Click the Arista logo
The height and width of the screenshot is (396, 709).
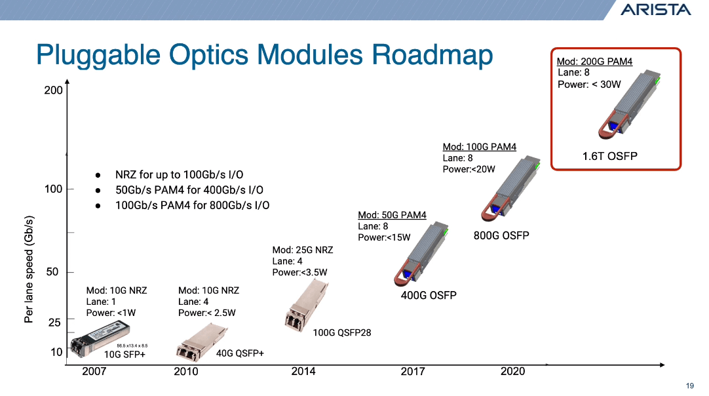coord(655,9)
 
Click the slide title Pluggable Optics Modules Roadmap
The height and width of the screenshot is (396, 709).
coord(264,55)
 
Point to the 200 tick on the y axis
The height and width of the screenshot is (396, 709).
coord(54,90)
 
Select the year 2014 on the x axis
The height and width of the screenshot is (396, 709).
coord(303,372)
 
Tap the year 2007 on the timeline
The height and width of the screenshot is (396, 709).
coord(94,372)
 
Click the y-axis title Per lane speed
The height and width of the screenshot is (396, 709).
coord(29,269)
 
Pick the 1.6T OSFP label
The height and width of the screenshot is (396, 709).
coord(609,156)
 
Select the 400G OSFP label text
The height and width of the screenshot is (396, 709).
coord(429,296)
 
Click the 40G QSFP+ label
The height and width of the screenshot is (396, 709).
coord(240,354)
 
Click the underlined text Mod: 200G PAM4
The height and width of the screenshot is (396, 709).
coord(594,62)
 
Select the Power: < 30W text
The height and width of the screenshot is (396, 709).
coord(589,85)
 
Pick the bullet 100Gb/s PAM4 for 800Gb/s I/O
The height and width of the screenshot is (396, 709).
coord(192,205)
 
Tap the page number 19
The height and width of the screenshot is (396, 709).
coord(689,385)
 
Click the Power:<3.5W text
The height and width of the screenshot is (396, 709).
coord(299,273)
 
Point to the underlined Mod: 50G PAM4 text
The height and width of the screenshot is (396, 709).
coord(392,215)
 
